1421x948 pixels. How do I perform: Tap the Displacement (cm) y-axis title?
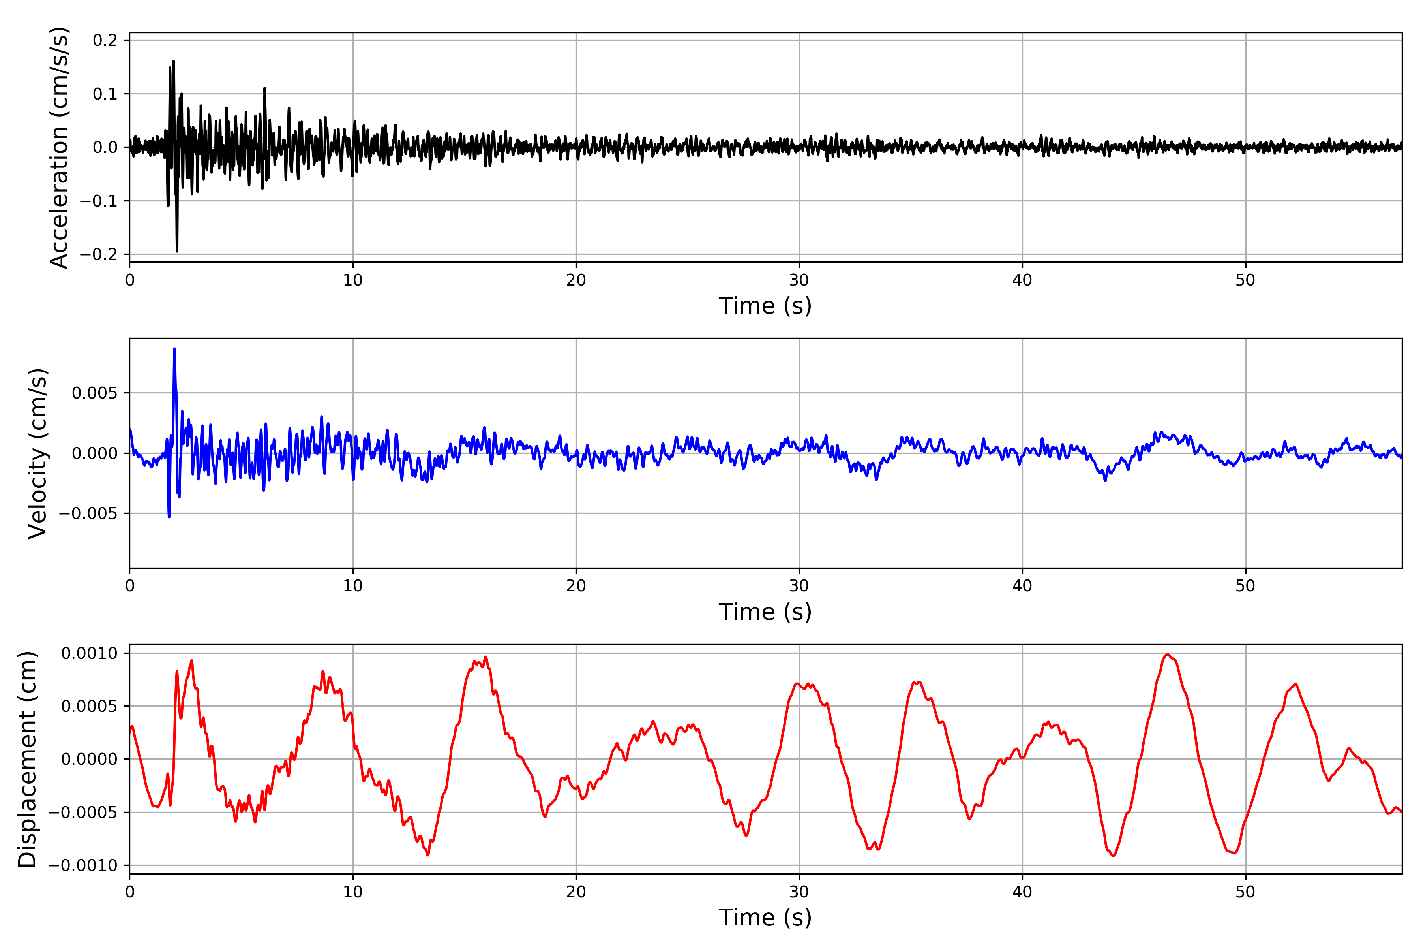click(x=27, y=759)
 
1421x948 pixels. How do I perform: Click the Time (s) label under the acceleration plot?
click(x=765, y=306)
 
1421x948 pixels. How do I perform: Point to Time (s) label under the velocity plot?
click(x=765, y=612)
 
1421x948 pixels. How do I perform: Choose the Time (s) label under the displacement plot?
click(x=765, y=918)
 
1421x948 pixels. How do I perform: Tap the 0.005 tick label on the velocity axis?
click(x=95, y=393)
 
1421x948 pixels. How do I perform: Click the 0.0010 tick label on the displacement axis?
click(x=90, y=654)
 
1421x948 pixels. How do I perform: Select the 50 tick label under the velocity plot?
click(x=1245, y=586)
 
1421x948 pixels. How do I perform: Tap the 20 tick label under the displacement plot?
click(x=576, y=892)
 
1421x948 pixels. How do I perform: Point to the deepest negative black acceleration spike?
click(x=177, y=251)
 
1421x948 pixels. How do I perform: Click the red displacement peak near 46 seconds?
click(x=1168, y=655)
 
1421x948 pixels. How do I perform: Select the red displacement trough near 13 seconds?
click(x=428, y=855)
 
